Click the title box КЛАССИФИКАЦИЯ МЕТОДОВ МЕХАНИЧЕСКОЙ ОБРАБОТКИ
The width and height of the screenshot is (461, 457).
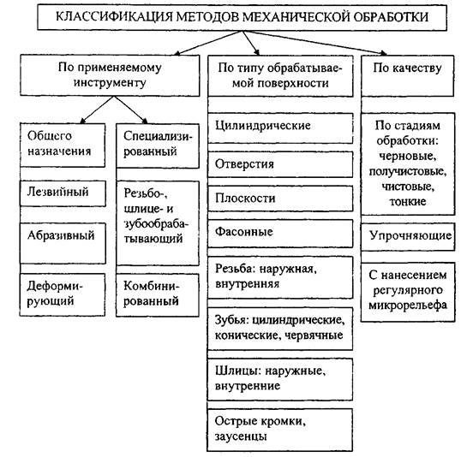click(x=242, y=17)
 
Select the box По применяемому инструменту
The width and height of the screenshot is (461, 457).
click(x=110, y=75)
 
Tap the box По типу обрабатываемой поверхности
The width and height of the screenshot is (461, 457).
click(x=280, y=76)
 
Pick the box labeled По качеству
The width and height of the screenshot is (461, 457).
click(x=408, y=75)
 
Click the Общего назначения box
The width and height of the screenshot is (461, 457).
click(x=63, y=145)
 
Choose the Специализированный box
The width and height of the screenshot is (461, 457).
click(x=158, y=145)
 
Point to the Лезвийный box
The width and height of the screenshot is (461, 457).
click(x=63, y=193)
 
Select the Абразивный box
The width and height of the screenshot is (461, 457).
click(x=63, y=243)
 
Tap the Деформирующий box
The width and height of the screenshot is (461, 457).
click(x=63, y=294)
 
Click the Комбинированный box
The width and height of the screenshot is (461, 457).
click(x=158, y=295)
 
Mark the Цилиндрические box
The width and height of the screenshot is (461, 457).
click(x=280, y=128)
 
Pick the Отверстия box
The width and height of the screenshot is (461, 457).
click(x=280, y=164)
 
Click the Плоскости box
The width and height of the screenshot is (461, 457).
click(x=280, y=199)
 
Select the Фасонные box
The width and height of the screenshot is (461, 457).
click(x=280, y=234)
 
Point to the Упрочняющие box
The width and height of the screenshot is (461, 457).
click(x=408, y=237)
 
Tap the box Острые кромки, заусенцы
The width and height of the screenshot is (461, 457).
click(x=279, y=430)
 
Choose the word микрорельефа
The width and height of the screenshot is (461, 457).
click(x=408, y=306)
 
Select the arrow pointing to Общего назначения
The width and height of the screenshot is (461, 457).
click(x=97, y=110)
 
